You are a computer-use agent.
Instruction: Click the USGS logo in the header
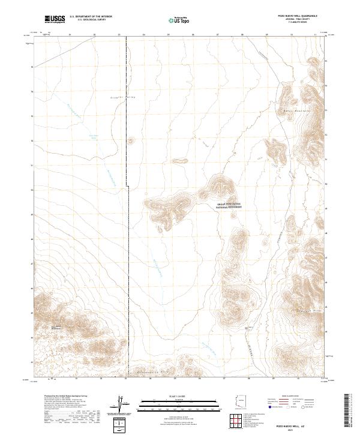(55, 20)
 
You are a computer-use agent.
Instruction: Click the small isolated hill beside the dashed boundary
(132, 141)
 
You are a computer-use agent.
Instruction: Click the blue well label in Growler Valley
(93, 136)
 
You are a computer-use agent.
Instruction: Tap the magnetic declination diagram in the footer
(122, 406)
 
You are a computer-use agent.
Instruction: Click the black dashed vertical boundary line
(127, 240)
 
